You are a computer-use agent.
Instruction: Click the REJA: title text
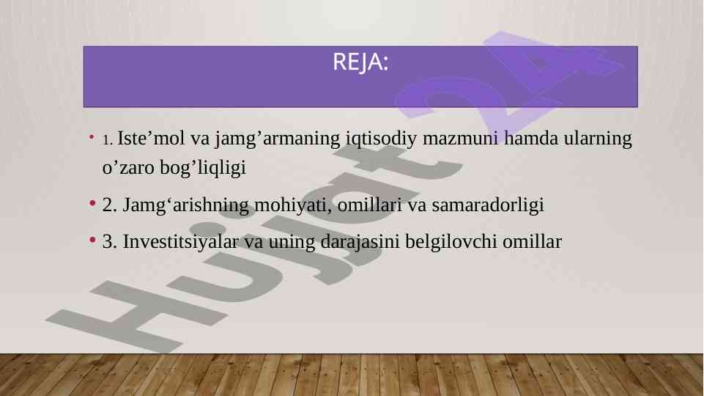[x=360, y=62]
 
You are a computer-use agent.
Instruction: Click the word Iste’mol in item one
[x=151, y=138]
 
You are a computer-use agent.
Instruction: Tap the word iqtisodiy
[x=381, y=139]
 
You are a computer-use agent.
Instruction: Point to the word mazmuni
[x=460, y=139]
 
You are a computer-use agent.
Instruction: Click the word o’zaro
[x=128, y=168]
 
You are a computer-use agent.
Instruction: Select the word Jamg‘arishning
[x=186, y=206]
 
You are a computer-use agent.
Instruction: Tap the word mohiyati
[x=293, y=206]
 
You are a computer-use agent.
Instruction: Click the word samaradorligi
[x=488, y=206]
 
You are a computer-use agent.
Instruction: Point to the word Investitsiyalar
[x=180, y=241]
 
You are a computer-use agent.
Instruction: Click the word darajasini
[x=360, y=243]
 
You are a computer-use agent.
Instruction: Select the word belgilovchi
[x=451, y=243]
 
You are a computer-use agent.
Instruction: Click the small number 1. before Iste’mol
[x=107, y=140]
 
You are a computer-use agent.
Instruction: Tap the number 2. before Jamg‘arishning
[x=110, y=205]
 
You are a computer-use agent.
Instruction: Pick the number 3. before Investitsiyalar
[x=110, y=242]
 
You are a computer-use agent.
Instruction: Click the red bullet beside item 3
[x=92, y=240]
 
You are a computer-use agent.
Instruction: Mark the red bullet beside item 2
[x=92, y=203]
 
